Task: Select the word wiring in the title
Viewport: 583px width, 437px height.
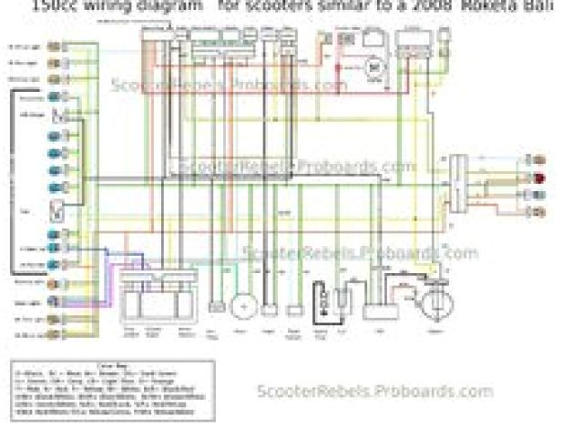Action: coord(108,4)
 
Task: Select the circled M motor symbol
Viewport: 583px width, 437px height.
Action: coord(373,66)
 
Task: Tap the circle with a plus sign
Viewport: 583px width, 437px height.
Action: coord(242,307)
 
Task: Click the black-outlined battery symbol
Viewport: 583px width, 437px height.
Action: coord(324,299)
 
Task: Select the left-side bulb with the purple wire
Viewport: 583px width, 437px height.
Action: coord(55,301)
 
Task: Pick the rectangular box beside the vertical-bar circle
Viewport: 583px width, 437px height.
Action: coord(373,310)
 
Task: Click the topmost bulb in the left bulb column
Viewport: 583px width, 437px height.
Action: coord(55,46)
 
